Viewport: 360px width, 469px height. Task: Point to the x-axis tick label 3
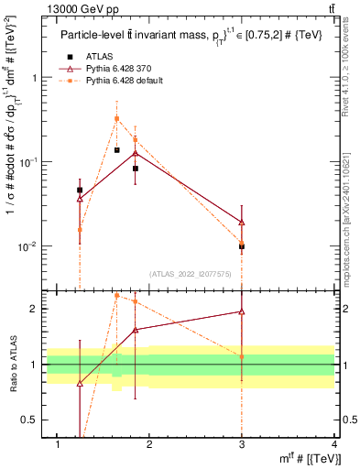(242, 444)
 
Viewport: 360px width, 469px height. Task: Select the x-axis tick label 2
(150, 444)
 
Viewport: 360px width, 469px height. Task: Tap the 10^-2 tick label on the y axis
(27, 246)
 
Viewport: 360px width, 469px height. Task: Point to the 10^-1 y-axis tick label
(27, 162)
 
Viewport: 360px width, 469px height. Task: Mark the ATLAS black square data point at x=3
(242, 246)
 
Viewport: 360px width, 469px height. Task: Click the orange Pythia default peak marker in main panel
(116, 119)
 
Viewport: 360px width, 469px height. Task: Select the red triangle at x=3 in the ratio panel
(242, 311)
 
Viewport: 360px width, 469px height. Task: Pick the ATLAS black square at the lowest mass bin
(80, 190)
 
